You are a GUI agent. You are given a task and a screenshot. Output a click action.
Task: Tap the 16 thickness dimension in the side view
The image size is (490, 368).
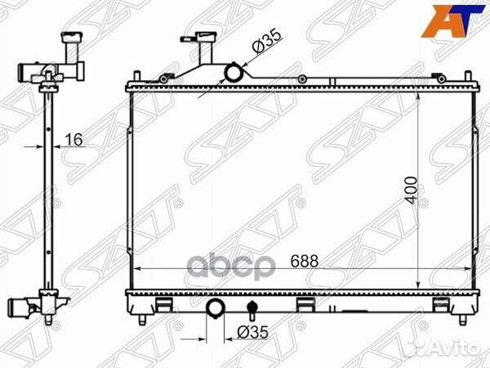pyautogui.click(x=73, y=141)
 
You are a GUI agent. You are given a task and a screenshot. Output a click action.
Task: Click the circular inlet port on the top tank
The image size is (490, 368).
pyautogui.click(x=234, y=74)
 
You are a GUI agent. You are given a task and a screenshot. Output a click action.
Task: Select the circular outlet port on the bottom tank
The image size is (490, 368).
pyautogui.click(x=217, y=310)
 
